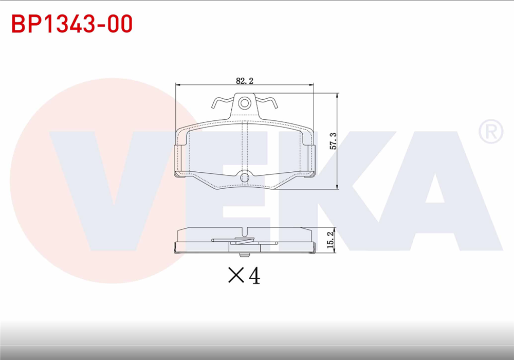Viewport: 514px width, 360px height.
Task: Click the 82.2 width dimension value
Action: [x=245, y=80]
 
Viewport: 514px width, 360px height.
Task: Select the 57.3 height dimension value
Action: [x=333, y=141]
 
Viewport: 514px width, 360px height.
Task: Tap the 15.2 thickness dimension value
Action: [x=331, y=240]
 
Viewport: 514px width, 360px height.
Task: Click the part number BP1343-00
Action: [x=72, y=24]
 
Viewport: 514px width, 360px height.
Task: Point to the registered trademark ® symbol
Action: [x=491, y=132]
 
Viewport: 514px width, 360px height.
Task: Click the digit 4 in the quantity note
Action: [x=254, y=276]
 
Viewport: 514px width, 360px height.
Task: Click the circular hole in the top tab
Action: [x=244, y=102]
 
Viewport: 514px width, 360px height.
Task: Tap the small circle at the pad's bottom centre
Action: [x=245, y=176]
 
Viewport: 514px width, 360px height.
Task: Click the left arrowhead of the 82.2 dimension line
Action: [x=178, y=84]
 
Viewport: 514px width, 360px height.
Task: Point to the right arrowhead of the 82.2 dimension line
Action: [x=311, y=84]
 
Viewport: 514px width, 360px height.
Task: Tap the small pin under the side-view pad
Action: [x=244, y=253]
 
